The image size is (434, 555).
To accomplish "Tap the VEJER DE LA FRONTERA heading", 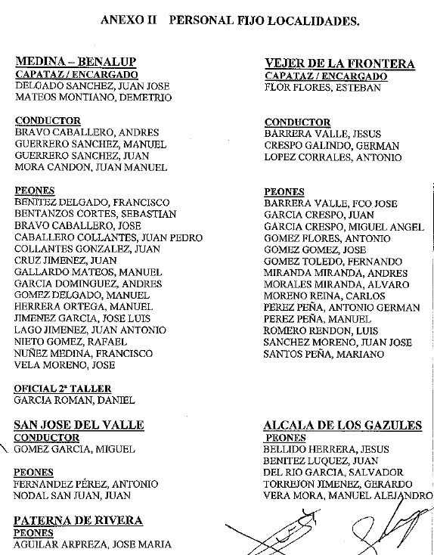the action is [339, 64].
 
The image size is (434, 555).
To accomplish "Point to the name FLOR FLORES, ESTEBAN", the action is [322, 88].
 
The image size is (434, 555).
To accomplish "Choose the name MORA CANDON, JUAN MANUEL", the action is [91, 167].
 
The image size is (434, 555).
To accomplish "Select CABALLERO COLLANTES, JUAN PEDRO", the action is [109, 237].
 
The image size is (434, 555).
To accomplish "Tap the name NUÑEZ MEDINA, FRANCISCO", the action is [84, 353].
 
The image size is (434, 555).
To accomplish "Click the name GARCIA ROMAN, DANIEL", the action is [75, 400].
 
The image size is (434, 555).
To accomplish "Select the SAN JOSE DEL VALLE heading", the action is [79, 425].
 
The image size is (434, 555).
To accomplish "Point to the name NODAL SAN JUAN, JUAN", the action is [73, 496].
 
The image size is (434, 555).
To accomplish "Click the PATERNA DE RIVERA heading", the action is [79, 521].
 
